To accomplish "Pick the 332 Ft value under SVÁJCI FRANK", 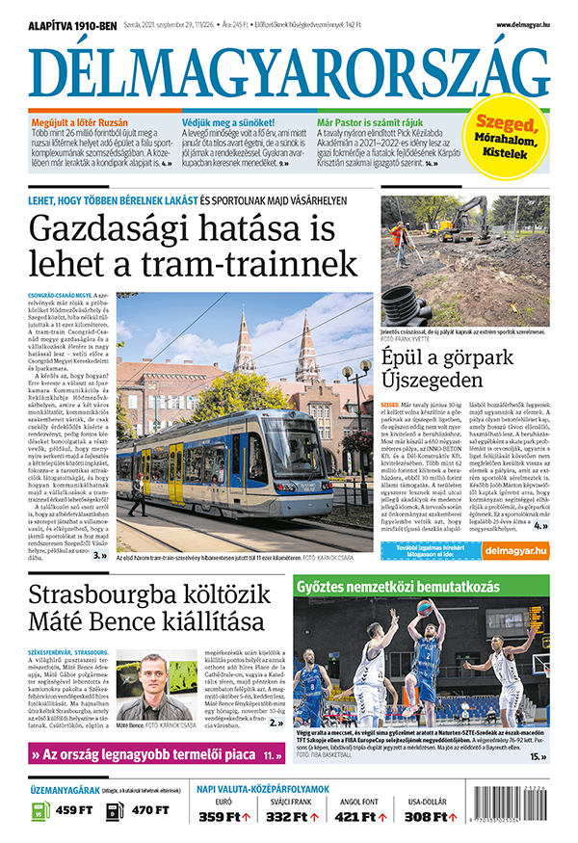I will coord(291,817).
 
